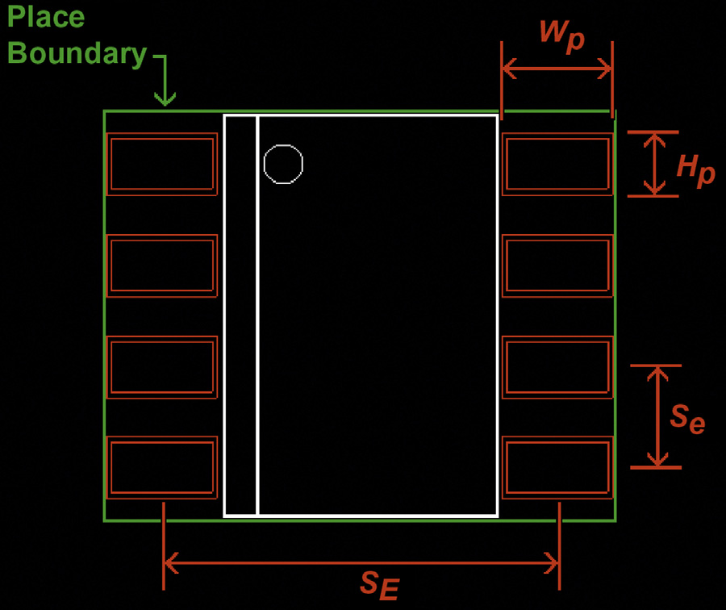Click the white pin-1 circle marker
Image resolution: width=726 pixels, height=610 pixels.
pos(283,164)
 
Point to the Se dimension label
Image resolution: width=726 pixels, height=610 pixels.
pos(687,418)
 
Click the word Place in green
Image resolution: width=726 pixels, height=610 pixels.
pos(46,16)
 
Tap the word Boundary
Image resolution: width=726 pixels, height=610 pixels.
pos(77,53)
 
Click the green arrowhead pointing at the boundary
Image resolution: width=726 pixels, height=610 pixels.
pos(165,98)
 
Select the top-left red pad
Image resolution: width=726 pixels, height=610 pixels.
pos(162,164)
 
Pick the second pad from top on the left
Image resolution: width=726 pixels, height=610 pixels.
pos(162,265)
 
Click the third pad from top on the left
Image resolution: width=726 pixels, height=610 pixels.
pos(162,366)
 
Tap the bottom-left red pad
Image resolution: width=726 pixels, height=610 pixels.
pos(162,467)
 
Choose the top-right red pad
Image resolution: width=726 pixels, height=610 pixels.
pos(557,164)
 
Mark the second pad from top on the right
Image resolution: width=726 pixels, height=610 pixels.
pos(557,265)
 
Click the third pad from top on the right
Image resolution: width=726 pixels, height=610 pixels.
pos(557,366)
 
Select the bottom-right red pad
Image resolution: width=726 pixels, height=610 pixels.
pos(557,467)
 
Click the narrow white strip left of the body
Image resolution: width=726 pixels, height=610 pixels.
pos(240,315)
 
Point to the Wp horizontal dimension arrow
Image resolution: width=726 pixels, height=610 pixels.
pos(557,70)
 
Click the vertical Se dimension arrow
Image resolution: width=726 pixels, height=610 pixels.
pos(658,416)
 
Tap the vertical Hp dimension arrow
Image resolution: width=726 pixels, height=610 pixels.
pos(654,164)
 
